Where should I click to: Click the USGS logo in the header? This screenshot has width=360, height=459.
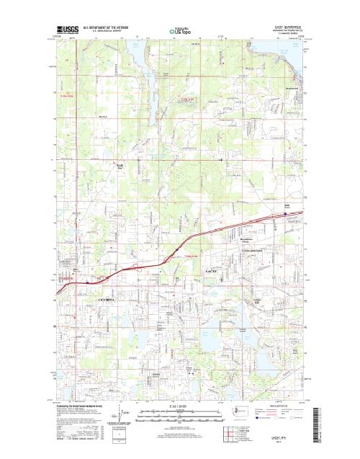(68, 30)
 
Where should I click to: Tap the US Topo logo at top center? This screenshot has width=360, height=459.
(180, 31)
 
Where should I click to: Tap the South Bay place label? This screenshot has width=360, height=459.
(122, 165)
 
